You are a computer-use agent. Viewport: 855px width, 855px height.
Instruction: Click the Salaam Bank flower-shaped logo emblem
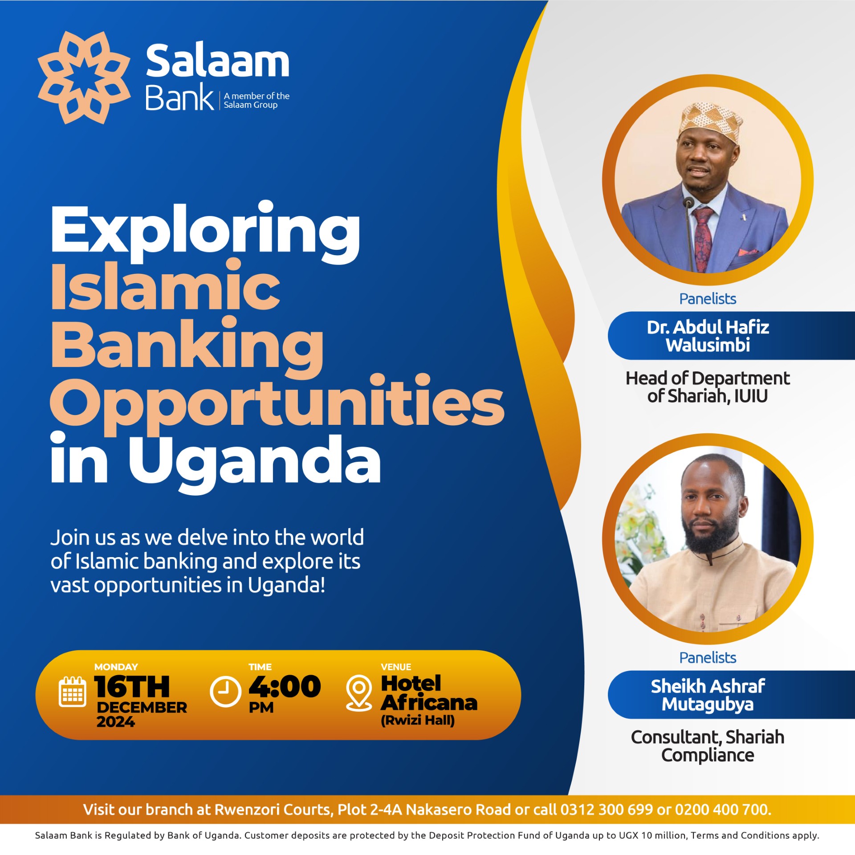(84, 77)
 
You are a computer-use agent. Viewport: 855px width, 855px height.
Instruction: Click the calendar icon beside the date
(73, 692)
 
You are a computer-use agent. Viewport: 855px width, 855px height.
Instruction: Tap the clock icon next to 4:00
(225, 691)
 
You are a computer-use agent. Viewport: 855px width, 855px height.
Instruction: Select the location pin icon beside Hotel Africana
(359, 693)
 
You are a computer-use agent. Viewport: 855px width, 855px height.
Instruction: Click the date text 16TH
(132, 686)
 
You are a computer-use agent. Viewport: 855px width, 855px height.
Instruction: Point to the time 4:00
(285, 686)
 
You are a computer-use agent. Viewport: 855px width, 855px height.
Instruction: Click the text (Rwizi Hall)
(418, 721)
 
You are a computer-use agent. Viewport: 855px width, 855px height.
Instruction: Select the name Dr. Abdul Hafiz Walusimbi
(708, 336)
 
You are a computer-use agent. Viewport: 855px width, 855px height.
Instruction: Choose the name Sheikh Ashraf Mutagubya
(708, 695)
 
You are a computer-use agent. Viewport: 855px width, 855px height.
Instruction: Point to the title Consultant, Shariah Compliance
(708, 746)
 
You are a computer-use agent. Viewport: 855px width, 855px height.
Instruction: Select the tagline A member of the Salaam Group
(256, 100)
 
